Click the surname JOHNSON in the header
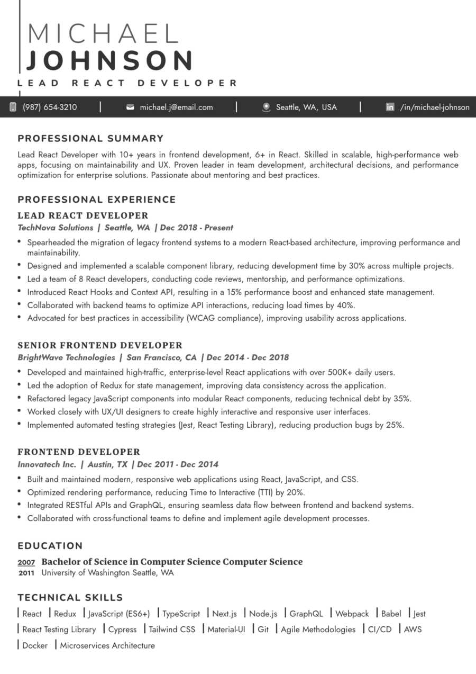(110, 60)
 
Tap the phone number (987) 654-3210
(49, 107)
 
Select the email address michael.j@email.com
(176, 107)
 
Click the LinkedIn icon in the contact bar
(390, 107)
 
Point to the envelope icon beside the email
(130, 107)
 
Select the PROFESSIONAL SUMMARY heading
(90, 139)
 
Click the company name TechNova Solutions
(56, 228)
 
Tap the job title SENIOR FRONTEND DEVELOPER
(100, 345)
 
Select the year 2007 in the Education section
(26, 562)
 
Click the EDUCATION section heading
(50, 546)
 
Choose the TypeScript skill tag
(181, 614)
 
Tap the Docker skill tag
(35, 645)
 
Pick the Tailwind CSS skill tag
(171, 630)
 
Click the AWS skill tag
(413, 630)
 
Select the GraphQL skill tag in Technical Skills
(306, 614)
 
